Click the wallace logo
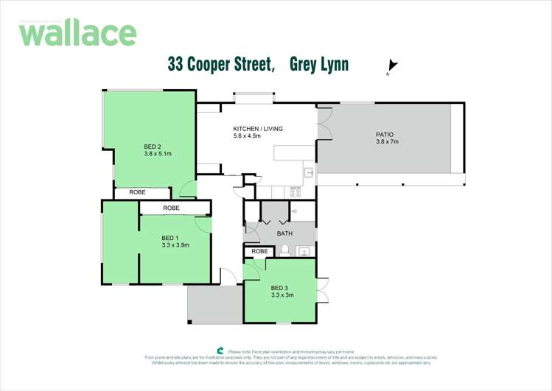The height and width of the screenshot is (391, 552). (x=77, y=33)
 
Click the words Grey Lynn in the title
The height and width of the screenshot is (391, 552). (x=319, y=66)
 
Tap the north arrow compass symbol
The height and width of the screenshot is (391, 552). (x=393, y=68)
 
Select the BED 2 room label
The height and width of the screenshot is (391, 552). (x=152, y=147)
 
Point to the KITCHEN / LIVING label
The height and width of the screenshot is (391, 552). (x=258, y=129)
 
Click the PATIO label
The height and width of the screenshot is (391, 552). (x=385, y=135)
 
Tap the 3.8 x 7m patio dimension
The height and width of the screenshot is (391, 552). (x=386, y=142)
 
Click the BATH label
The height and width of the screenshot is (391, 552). (x=284, y=233)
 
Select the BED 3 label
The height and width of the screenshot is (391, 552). (x=279, y=287)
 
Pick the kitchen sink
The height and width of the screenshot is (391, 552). (x=310, y=174)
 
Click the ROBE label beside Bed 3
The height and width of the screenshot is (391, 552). (x=259, y=251)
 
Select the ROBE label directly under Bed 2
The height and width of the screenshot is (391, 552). (x=138, y=192)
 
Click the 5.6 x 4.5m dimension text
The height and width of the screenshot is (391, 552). (x=248, y=136)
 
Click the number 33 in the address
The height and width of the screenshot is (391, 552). (x=175, y=66)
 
